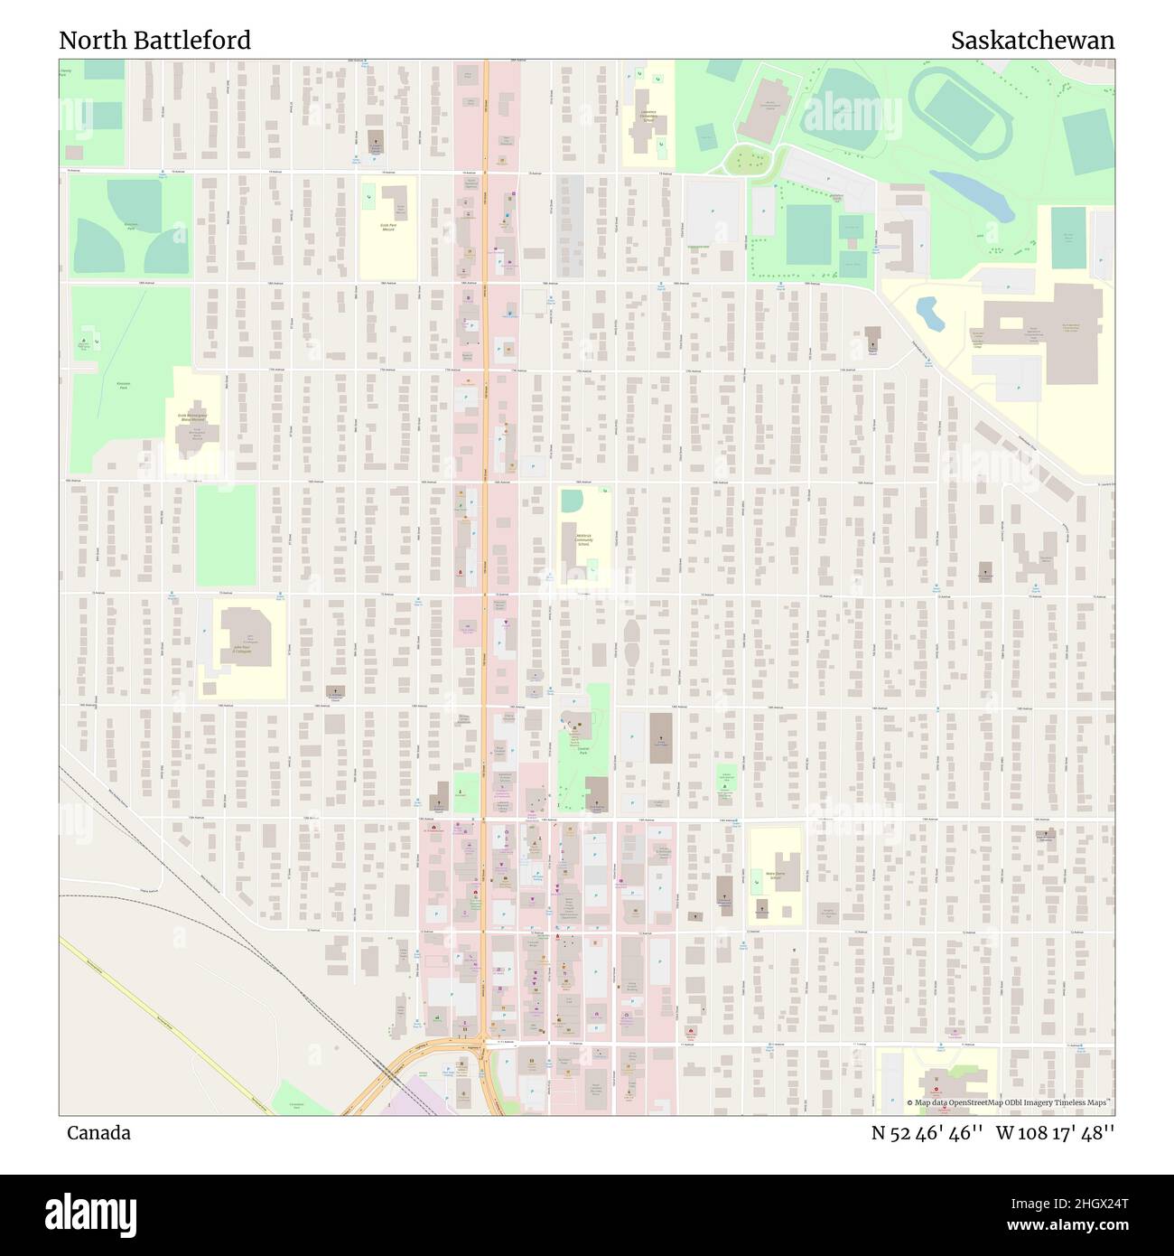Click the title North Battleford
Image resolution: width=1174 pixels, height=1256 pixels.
tap(154, 41)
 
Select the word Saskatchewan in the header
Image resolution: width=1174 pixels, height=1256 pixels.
tap(1032, 41)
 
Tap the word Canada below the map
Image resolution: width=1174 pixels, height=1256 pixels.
tap(98, 1133)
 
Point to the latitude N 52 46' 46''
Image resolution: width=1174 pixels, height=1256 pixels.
tap(927, 1133)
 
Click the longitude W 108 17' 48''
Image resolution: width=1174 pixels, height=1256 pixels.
tap(1056, 1133)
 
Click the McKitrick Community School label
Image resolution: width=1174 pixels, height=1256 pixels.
tap(583, 539)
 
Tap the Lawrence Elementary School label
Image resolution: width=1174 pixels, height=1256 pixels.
tap(648, 115)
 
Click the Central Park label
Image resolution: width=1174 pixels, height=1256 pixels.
tap(582, 750)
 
